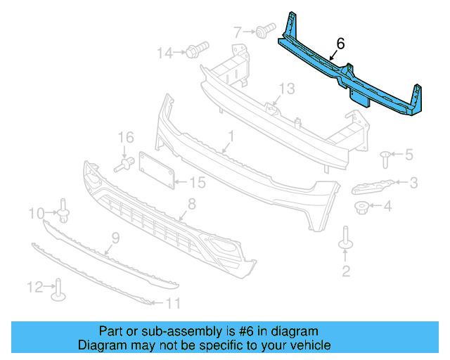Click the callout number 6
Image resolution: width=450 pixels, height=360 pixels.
click(340, 44)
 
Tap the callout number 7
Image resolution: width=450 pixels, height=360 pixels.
click(238, 31)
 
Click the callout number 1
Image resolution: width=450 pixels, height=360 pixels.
click(230, 134)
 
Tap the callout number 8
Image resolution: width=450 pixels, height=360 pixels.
click(191, 205)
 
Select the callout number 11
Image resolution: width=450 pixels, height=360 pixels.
click(173, 304)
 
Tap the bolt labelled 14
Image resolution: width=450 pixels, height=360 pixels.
click(195, 50)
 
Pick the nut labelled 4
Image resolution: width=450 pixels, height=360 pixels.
click(361, 207)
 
